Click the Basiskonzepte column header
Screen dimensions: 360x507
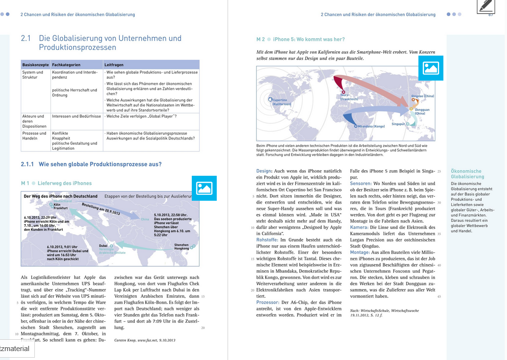[x=36, y=65]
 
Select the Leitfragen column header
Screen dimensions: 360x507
[x=114, y=65]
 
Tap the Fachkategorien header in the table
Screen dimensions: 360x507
[x=66, y=65]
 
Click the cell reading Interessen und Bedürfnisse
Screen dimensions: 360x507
[x=76, y=116]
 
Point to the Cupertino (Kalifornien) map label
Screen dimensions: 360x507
[x=281, y=102]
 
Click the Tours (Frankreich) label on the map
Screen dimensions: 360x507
[x=349, y=98]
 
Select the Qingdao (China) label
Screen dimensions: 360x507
[x=423, y=96]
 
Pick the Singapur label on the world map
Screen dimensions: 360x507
[x=398, y=124]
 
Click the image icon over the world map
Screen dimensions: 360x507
[x=431, y=68]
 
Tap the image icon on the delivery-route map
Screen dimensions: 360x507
[x=204, y=188]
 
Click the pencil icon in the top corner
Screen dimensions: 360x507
[x=485, y=6]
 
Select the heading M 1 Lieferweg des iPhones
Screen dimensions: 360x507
[x=57, y=183]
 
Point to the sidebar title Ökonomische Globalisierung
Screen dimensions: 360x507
[x=467, y=174]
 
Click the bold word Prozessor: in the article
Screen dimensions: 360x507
[x=268, y=302]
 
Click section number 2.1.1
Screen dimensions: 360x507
[x=27, y=164]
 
